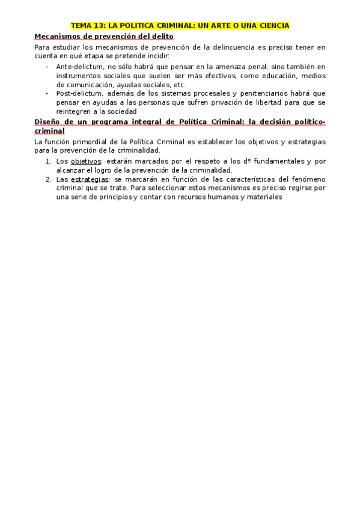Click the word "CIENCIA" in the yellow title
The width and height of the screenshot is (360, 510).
pyautogui.click(x=274, y=26)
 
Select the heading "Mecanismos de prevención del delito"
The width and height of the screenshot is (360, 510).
pyautogui.click(x=104, y=37)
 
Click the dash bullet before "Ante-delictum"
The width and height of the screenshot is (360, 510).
pyautogui.click(x=47, y=66)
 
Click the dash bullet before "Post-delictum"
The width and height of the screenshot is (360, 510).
pyautogui.click(x=47, y=93)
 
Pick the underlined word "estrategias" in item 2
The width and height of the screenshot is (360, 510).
pyautogui.click(x=90, y=179)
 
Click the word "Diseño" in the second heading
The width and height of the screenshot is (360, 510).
pyautogui.click(x=49, y=121)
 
